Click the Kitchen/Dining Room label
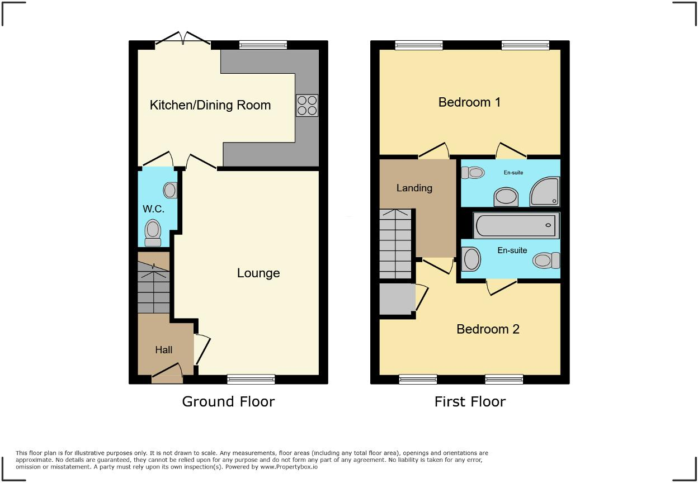point(210,105)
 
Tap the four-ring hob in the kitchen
point(306,105)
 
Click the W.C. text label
point(153,209)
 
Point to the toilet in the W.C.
point(153,232)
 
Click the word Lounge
point(258,273)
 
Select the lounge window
point(251,380)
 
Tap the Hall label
point(164,350)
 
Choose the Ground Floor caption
point(228,401)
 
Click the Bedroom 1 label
point(469,102)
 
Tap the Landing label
point(414,188)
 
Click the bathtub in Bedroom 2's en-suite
point(516,226)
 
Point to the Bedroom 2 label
point(488,329)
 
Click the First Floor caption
point(470,401)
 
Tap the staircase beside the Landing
point(396,244)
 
